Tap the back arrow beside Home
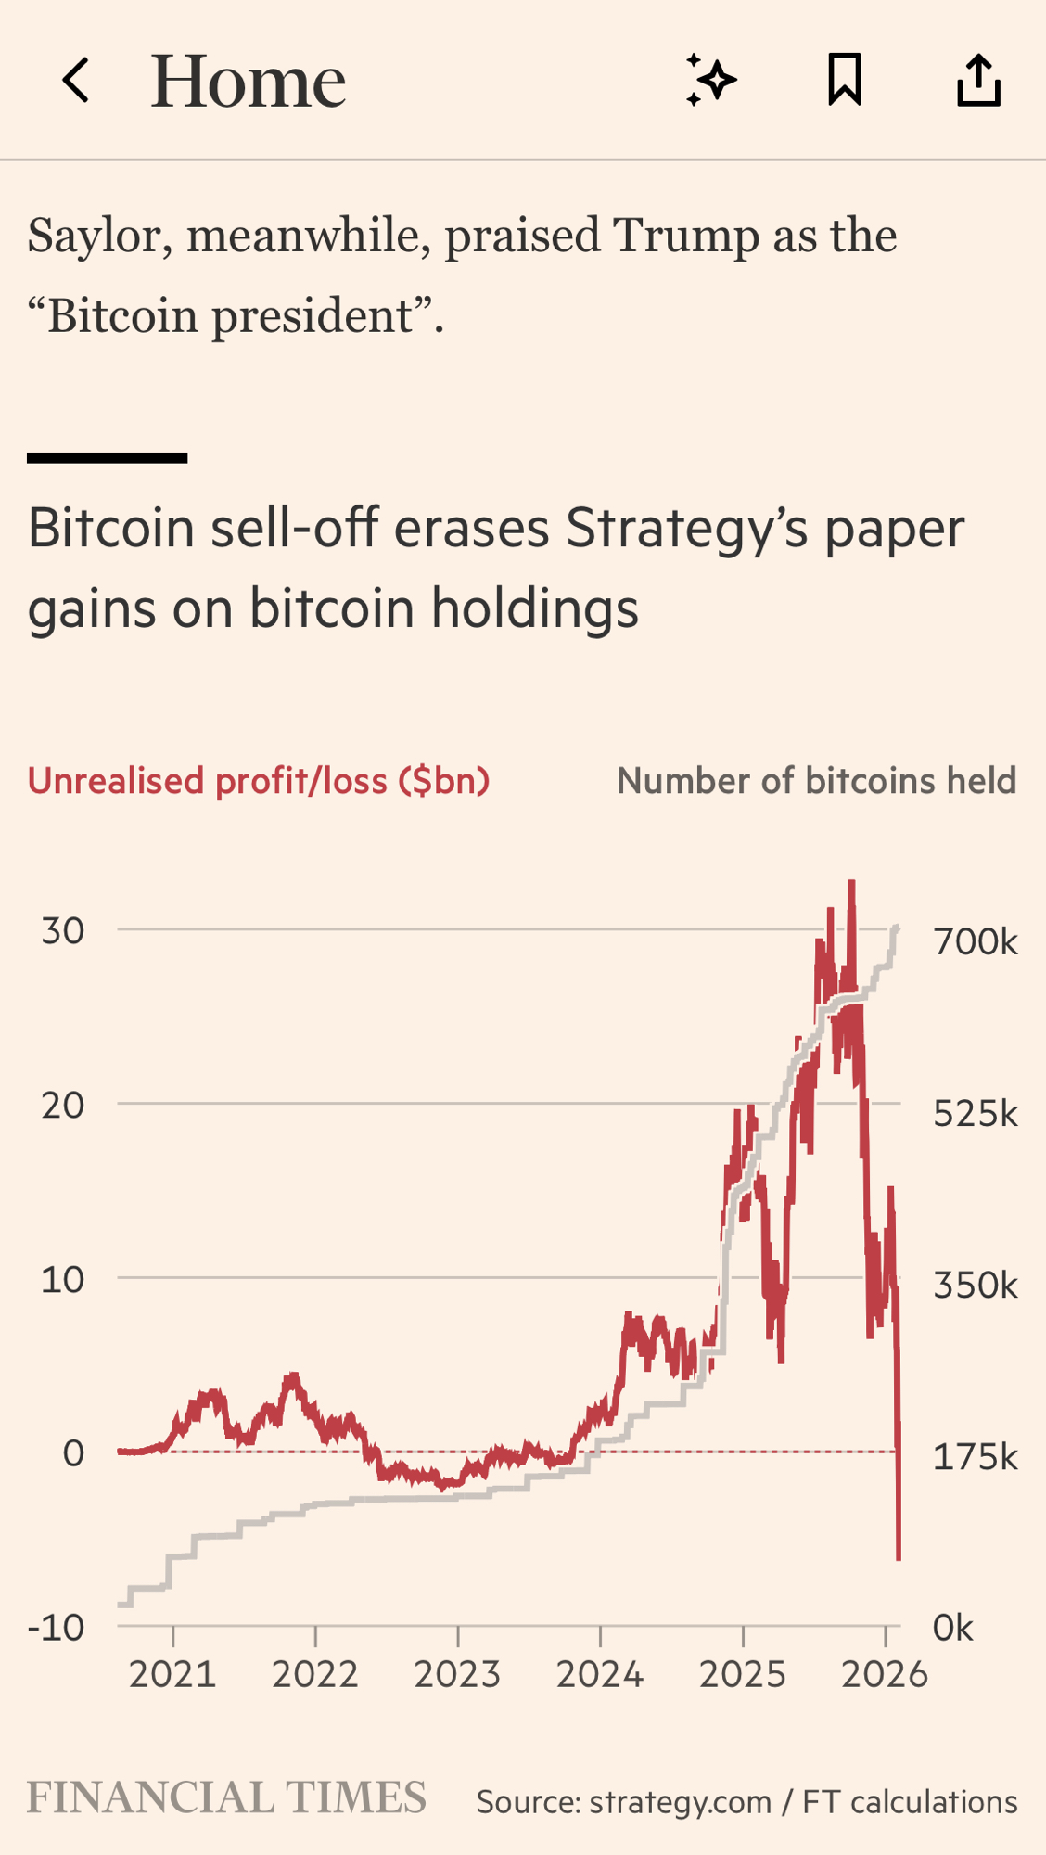coord(76,81)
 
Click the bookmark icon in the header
coord(844,80)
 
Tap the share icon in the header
coord(978,80)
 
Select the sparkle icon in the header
coord(711,80)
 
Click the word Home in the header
coord(249,82)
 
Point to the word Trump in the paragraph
coord(686,236)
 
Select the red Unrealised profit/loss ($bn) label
coord(259,781)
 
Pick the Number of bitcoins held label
coord(816,781)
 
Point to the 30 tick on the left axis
coord(63,930)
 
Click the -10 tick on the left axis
coord(57,1627)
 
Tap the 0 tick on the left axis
coord(73,1452)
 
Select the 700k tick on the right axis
coord(975,941)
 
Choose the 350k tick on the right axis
coord(975,1286)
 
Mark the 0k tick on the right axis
coord(953,1628)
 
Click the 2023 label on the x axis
coord(457,1675)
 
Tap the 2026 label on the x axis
coord(884,1675)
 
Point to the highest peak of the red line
coord(851,883)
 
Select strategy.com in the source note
coord(680,1801)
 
